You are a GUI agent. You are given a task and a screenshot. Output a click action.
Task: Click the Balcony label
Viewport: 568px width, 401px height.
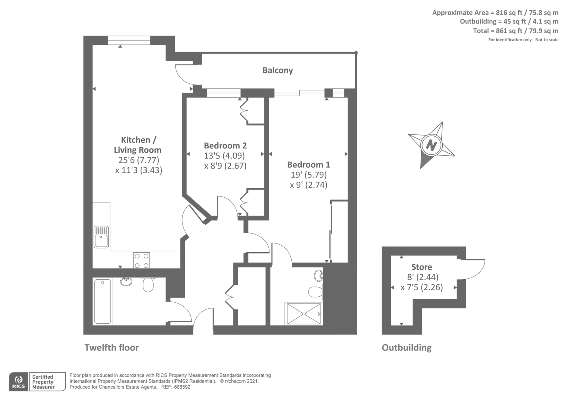(x=278, y=70)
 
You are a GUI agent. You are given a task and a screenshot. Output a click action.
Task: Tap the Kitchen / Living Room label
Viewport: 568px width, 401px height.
(x=138, y=145)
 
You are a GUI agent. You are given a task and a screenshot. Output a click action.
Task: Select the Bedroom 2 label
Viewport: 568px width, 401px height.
(x=225, y=145)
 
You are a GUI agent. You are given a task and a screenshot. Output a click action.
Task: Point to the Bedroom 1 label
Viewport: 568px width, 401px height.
(x=308, y=165)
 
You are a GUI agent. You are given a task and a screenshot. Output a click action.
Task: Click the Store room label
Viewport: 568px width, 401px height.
(x=422, y=267)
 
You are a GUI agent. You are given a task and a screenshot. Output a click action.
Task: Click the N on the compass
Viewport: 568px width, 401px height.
(x=431, y=145)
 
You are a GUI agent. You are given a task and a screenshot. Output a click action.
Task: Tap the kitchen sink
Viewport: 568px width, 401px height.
(x=101, y=237)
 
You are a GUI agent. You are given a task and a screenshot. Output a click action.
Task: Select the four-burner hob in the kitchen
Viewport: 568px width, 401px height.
(x=141, y=260)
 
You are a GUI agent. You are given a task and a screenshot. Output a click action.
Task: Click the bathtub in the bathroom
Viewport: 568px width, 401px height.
(x=103, y=301)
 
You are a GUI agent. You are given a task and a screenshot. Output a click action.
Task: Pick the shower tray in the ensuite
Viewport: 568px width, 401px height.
(x=304, y=314)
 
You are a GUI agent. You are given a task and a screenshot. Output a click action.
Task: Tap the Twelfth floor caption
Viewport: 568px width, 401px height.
(x=111, y=347)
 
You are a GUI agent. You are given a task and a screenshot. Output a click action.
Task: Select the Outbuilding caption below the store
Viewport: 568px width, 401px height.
(x=406, y=347)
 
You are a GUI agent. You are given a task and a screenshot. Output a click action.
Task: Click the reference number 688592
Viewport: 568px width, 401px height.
(x=181, y=387)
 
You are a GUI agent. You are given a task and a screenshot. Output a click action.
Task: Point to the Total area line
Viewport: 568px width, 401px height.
(x=515, y=31)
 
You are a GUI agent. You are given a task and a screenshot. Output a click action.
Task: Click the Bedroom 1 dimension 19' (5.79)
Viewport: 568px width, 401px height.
(x=308, y=175)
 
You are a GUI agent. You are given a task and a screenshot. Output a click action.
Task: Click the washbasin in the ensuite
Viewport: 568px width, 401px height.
(x=318, y=275)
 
